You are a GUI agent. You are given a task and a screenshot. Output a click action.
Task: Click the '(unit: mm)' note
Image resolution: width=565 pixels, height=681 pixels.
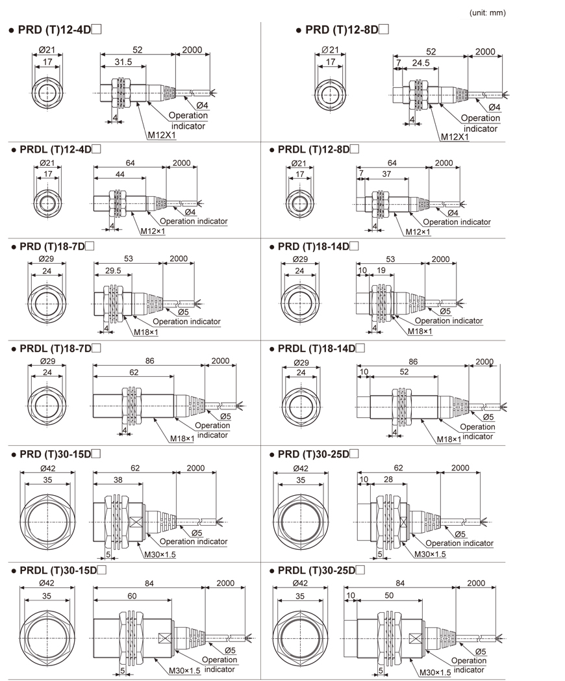[x=486, y=12]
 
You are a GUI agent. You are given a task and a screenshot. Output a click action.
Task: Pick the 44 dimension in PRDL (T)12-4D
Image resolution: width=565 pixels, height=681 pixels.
[x=120, y=174]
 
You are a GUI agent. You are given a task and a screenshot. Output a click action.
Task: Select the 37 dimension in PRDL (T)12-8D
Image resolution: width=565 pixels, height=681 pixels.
[x=386, y=175]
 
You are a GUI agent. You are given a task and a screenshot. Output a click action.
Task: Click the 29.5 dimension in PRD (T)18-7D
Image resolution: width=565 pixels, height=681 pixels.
[x=113, y=270]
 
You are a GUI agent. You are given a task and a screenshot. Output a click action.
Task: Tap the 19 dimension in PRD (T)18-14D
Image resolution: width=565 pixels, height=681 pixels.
[x=381, y=270]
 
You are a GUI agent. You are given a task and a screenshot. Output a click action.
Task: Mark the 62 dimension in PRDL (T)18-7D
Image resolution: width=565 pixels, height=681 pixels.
[x=133, y=372]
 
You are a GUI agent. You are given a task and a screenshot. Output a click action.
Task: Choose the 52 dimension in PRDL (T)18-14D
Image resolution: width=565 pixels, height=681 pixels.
[x=403, y=372]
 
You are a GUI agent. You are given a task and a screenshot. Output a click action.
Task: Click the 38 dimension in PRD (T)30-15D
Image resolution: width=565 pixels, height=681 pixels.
[x=118, y=479]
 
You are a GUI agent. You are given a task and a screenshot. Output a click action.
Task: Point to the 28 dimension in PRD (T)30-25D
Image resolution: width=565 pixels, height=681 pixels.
[x=387, y=479]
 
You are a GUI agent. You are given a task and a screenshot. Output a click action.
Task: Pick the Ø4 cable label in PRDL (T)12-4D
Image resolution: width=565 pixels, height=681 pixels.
[x=191, y=211]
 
